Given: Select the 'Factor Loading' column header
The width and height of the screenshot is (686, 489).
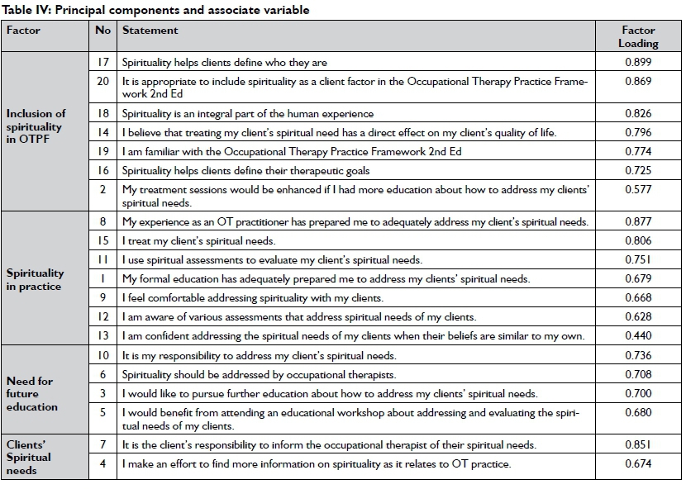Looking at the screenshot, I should (x=638, y=37).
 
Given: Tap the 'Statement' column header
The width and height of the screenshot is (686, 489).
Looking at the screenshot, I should (x=150, y=31).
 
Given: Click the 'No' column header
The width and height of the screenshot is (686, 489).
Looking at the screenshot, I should (x=102, y=31).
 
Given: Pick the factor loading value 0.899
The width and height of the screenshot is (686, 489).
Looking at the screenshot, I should (x=637, y=62).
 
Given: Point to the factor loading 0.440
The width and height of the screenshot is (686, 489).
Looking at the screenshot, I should (x=637, y=335).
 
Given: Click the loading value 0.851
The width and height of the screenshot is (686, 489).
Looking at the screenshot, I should (x=637, y=445).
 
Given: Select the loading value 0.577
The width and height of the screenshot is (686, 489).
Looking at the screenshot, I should (x=637, y=190).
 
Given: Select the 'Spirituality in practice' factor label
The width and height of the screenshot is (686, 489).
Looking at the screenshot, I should (x=34, y=279).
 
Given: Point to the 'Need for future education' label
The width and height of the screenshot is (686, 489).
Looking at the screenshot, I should (x=32, y=394).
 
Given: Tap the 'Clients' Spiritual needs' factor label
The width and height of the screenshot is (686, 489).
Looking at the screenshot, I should (x=29, y=457).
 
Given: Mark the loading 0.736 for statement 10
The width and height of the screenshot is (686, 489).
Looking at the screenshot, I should (x=637, y=355).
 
